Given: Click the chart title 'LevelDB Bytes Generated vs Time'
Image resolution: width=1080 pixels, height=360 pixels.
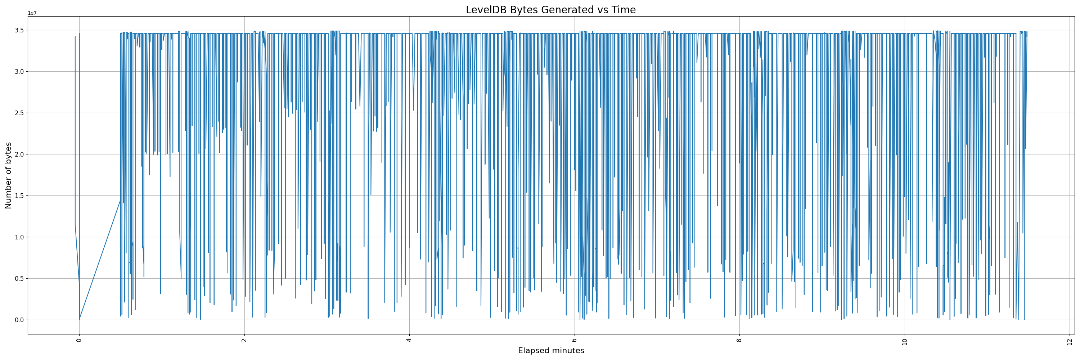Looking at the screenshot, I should click(550, 10).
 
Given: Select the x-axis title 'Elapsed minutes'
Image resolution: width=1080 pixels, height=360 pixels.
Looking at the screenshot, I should click(551, 351).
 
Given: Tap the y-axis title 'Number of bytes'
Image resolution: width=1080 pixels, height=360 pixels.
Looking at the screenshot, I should click(8, 175).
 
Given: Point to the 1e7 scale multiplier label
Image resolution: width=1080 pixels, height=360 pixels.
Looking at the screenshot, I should click(32, 13).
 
